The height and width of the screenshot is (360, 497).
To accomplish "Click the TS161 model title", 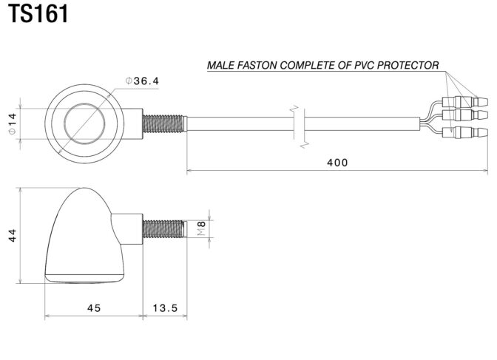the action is pyautogui.click(x=38, y=13).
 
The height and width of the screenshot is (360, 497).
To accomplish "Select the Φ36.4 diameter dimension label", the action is pyautogui.click(x=142, y=81).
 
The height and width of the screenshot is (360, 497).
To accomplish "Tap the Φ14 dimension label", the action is pyautogui.click(x=12, y=124).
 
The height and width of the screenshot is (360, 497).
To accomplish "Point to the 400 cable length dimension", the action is pyautogui.click(x=337, y=163).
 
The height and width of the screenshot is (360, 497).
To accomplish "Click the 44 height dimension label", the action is pyautogui.click(x=12, y=236).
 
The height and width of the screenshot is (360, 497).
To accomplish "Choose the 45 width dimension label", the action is pyautogui.click(x=94, y=308).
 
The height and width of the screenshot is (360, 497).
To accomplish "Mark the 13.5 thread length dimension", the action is pyautogui.click(x=165, y=308).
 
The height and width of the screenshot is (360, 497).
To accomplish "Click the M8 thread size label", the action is pyautogui.click(x=202, y=228).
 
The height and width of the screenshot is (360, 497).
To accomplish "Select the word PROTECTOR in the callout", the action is pyautogui.click(x=408, y=65).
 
